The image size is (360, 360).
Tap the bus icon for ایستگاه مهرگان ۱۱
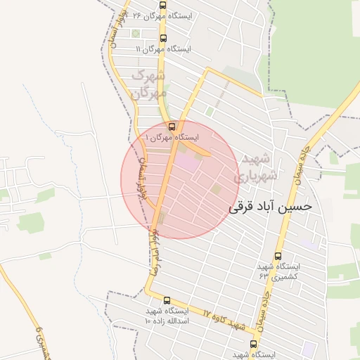[x=164, y=38]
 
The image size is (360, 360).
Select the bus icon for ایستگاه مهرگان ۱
[x=173, y=127]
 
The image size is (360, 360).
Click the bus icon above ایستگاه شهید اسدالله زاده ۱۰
[x=167, y=300]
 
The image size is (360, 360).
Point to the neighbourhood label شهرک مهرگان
[x=149, y=84]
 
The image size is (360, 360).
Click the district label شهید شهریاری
[x=255, y=167]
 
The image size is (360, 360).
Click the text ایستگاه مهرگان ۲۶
[x=158, y=15]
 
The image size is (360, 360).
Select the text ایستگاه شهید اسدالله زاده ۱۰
[x=167, y=315]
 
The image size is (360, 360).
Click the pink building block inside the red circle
[x=187, y=161]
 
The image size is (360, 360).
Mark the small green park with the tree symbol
[x=135, y=33]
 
